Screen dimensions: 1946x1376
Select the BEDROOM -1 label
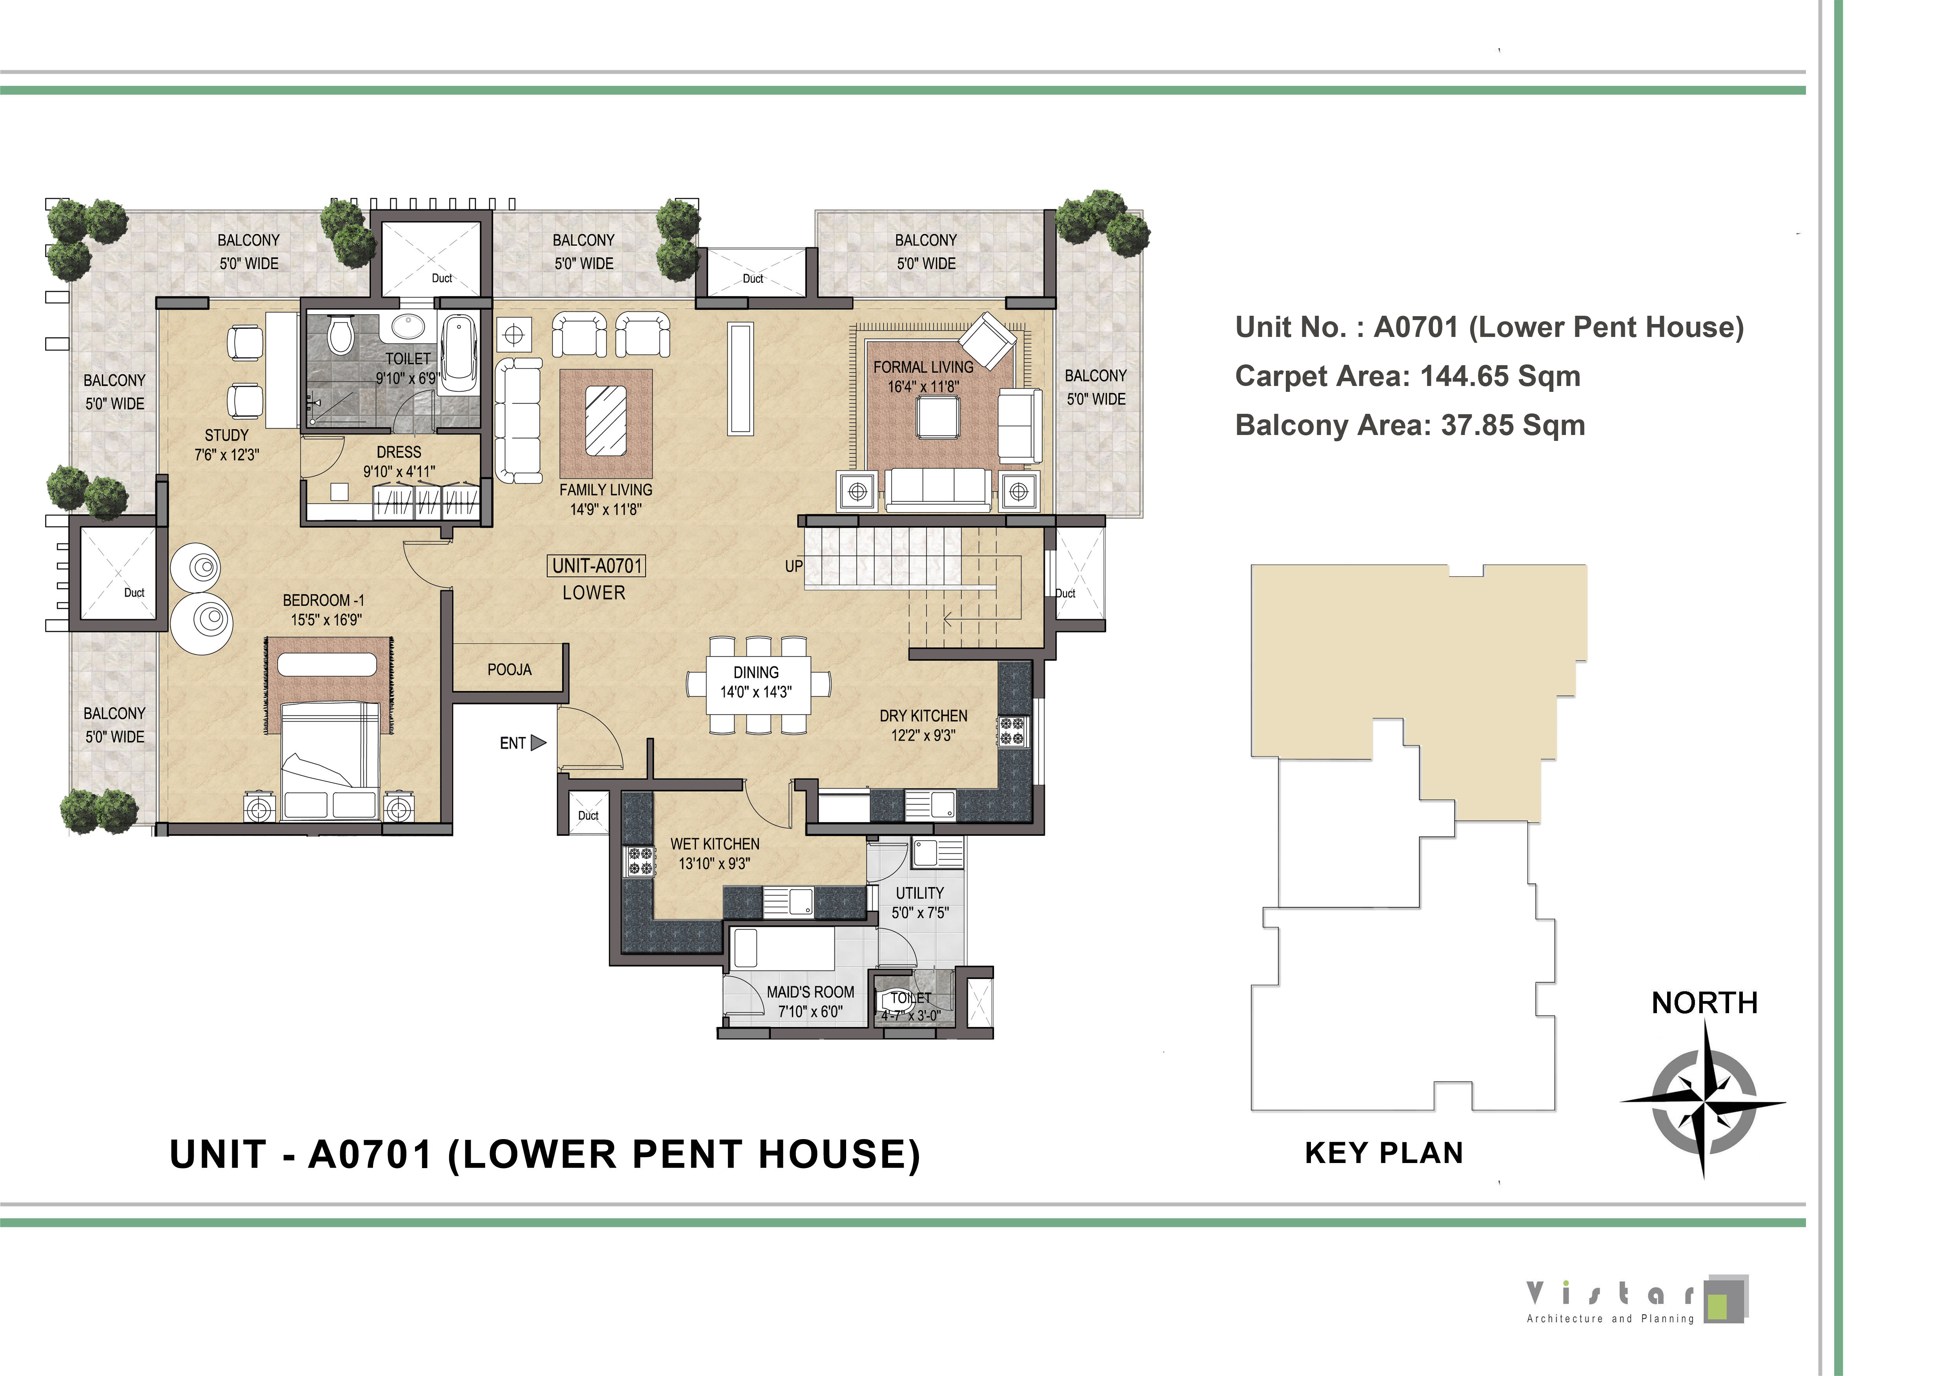click(x=324, y=600)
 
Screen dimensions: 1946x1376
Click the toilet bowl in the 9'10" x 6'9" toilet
click(x=341, y=335)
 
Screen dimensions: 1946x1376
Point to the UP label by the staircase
click(x=793, y=566)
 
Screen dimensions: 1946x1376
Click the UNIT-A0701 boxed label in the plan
click(x=597, y=566)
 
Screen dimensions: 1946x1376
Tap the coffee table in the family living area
click(x=606, y=421)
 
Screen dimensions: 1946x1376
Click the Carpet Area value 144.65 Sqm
click(x=1500, y=376)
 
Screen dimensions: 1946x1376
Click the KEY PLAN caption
click(x=1384, y=1153)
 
